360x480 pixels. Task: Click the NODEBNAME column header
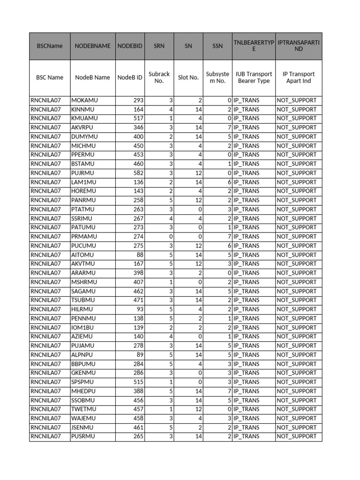click(x=93, y=46)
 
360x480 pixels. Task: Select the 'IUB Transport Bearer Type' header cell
click(x=254, y=77)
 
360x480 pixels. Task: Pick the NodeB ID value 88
click(x=139, y=255)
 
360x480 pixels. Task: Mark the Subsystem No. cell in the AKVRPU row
click(x=229, y=127)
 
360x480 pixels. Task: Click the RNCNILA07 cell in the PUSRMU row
click(x=46, y=436)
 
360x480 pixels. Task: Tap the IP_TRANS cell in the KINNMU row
click(x=246, y=109)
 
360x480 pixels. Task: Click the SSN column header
click(x=217, y=46)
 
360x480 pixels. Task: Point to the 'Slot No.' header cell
click(x=188, y=77)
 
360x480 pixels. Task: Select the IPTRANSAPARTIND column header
click(x=299, y=46)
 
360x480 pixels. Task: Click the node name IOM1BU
click(x=82, y=327)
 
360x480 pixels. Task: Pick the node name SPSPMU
click(x=83, y=382)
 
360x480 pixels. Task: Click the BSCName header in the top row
click(x=50, y=46)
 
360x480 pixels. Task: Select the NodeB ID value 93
click(x=139, y=309)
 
